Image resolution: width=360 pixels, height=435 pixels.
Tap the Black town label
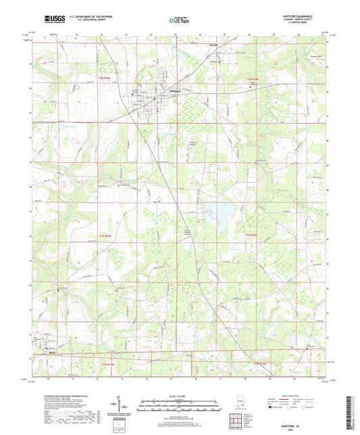click(51, 351)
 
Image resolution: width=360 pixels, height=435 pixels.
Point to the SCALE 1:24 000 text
click(179, 395)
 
